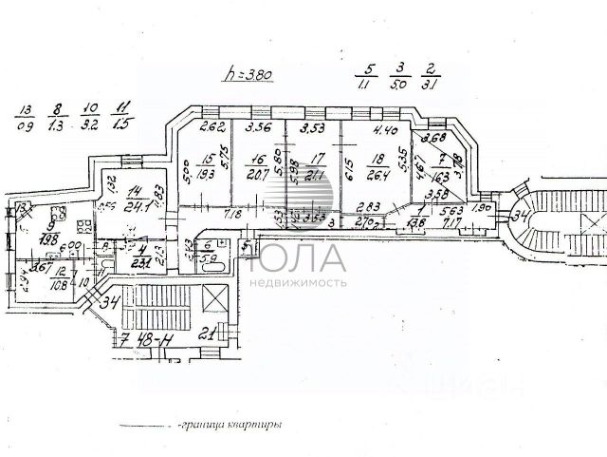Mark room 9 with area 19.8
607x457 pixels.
50,232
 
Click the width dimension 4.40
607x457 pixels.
385,131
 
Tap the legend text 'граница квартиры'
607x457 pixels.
231,427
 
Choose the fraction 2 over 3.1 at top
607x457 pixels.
432,76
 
